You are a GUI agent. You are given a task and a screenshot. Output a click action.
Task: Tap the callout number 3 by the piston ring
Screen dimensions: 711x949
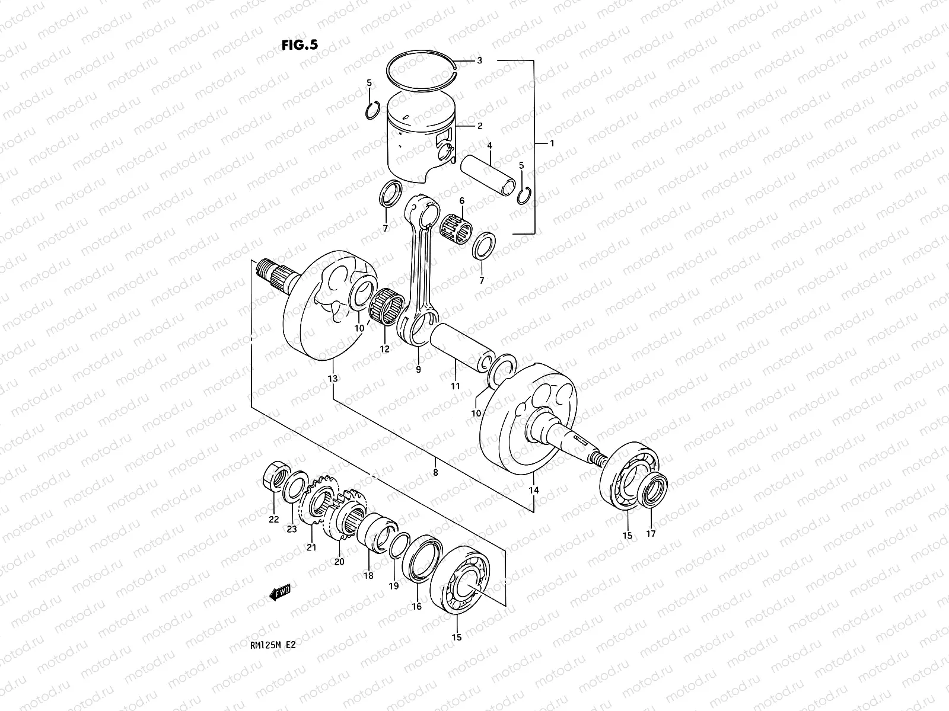pos(479,60)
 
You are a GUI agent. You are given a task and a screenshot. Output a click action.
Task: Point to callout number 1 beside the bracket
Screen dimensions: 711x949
pos(552,143)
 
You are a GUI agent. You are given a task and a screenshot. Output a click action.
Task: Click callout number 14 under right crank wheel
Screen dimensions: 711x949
pos(534,491)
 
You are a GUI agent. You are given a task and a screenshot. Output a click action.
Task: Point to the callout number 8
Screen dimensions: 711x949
pos(436,473)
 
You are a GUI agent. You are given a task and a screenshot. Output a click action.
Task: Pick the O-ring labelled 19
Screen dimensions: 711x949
pos(400,545)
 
